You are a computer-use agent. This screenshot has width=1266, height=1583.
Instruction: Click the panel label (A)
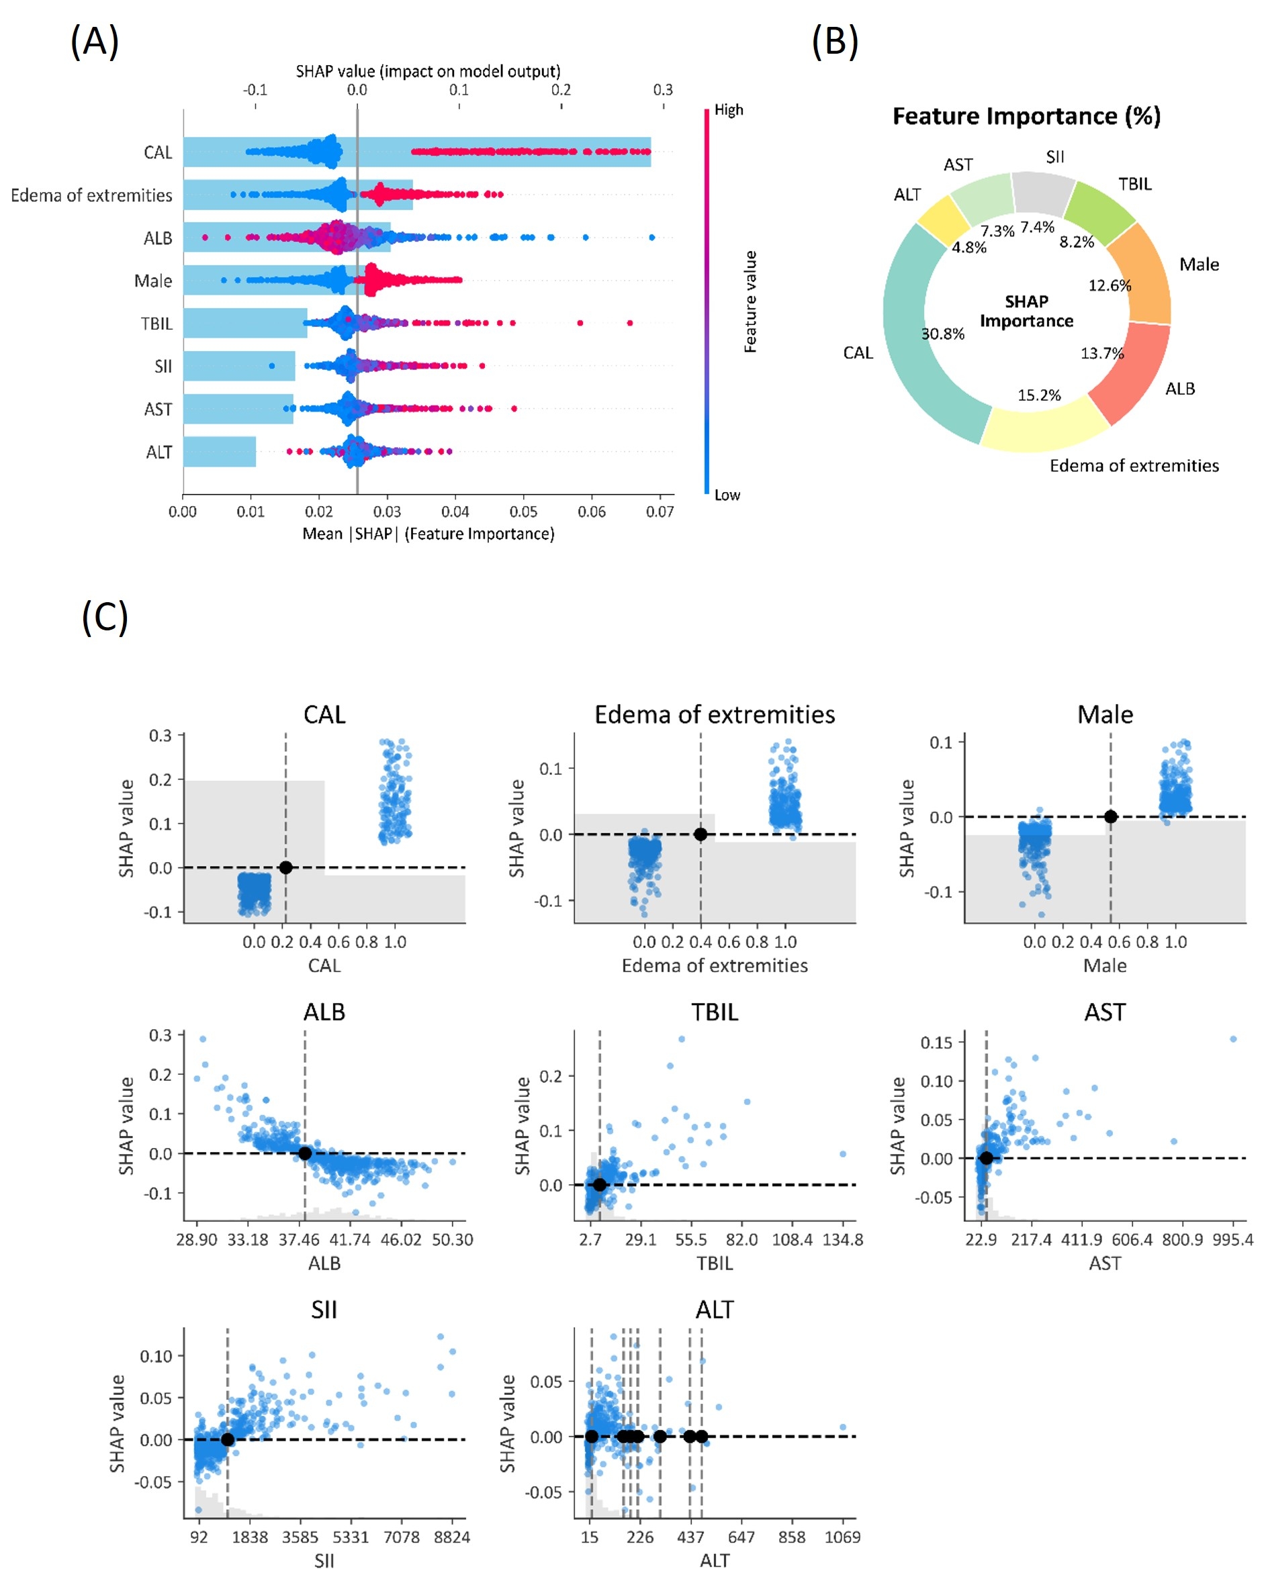(94, 41)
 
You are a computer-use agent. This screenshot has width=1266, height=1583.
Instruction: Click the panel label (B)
(834, 41)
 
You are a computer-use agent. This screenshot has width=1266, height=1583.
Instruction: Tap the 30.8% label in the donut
(943, 334)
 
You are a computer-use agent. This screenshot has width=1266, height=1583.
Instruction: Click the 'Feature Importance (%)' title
(1026, 117)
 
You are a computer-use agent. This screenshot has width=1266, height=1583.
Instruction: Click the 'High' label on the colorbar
(729, 110)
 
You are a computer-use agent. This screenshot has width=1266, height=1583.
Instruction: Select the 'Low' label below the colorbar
(727, 495)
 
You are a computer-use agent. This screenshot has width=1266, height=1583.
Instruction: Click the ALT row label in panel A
(159, 452)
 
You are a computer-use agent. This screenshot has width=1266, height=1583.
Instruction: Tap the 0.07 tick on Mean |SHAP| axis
(660, 512)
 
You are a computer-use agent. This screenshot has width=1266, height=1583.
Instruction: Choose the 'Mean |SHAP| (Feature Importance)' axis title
(428, 534)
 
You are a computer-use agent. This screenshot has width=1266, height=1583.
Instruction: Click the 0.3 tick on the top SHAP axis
(662, 89)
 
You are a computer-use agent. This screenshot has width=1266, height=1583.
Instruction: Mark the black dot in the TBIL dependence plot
(599, 1184)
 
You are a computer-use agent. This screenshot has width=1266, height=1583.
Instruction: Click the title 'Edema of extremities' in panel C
(714, 714)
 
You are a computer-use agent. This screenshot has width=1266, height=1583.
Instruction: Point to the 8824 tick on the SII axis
(451, 1537)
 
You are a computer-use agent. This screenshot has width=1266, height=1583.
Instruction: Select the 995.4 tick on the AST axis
(1233, 1239)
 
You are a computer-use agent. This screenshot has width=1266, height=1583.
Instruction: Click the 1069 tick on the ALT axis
(842, 1537)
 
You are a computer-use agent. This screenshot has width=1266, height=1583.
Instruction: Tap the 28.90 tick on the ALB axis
(197, 1239)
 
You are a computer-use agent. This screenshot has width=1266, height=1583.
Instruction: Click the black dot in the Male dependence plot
(1110, 816)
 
